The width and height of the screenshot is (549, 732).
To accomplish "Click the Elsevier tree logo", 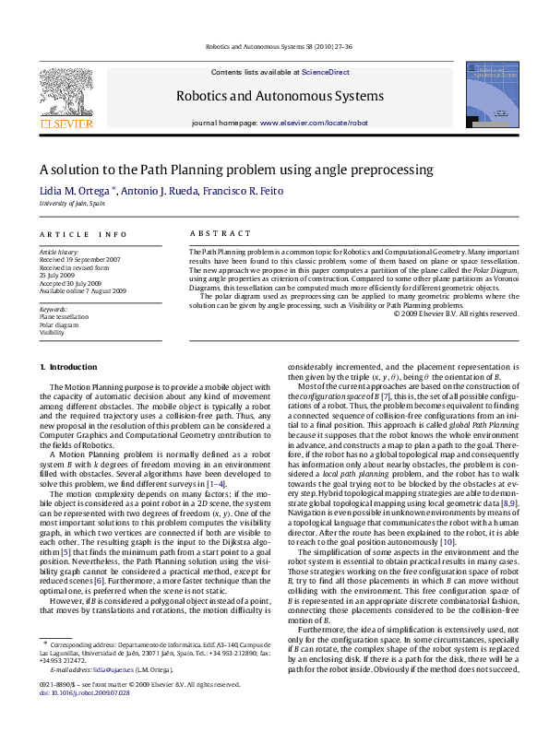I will tap(66, 92).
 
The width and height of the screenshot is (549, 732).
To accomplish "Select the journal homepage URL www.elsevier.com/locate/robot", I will tap(314, 123).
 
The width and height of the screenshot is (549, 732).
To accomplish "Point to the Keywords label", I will tap(54, 309).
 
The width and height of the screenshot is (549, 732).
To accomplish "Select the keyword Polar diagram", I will tap(58, 325).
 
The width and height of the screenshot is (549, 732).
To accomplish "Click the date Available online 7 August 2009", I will tap(78, 290).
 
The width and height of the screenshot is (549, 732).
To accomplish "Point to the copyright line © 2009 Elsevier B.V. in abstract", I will tap(456, 313).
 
